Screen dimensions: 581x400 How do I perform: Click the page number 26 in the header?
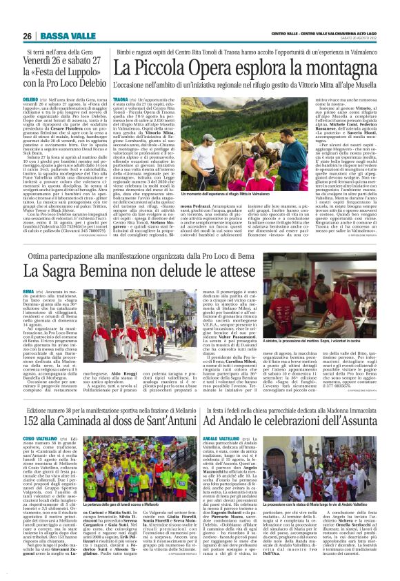coord(27,36)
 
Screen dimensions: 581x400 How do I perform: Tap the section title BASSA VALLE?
coord(58,36)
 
